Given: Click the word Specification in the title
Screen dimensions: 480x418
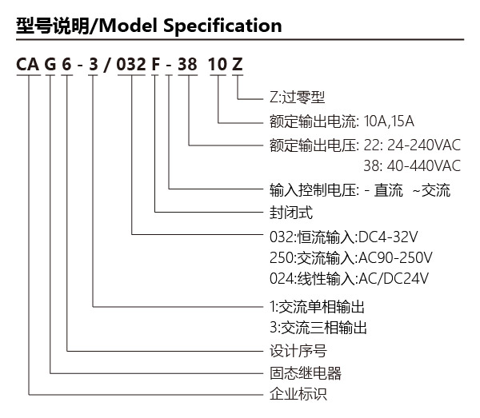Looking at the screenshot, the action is pos(222,26).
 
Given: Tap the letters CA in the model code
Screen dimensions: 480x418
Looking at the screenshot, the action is pos(27,65).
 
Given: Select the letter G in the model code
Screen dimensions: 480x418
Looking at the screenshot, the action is pos(50,65).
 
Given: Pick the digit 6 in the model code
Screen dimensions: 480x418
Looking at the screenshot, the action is pos(66,65).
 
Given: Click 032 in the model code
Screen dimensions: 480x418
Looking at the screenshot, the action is pos(131,65).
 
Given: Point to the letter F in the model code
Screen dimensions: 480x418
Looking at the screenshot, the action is pos(155,65).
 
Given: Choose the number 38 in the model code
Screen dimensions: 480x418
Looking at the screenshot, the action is pos(187,65).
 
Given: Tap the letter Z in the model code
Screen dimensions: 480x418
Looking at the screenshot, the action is pos(238,65).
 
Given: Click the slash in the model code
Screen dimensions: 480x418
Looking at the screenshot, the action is pos(107,65).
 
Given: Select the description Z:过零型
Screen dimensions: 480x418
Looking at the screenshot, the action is pos(297,98).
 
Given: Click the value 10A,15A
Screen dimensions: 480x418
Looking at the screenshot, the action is pos(389,121).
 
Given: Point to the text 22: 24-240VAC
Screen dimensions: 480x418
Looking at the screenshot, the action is pos(412,145).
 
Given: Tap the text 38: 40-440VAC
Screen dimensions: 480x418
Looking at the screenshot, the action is pos(412,165).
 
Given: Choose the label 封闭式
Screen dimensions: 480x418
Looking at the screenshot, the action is pos(291,213).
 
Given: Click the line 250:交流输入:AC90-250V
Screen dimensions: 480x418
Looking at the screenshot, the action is pos(351,258).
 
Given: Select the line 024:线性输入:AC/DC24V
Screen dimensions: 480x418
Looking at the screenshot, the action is pos(349,279).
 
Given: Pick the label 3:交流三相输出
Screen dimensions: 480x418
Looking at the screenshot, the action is pos(318,328).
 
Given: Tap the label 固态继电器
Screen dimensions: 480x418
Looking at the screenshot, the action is pos(306,373).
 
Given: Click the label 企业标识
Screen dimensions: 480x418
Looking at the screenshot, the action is pos(298,394).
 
